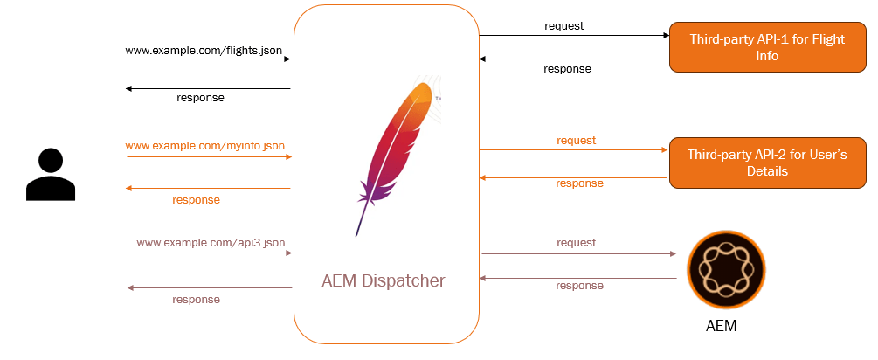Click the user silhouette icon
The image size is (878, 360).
(51, 175)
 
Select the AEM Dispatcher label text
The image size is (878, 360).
(384, 281)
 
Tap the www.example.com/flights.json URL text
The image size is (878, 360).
(204, 51)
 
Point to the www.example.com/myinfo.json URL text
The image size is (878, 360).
(204, 145)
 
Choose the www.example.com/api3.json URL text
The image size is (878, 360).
(211, 242)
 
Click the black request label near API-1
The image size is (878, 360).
(563, 25)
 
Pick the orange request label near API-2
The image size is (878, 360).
(577, 140)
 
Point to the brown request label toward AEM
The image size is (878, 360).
(577, 242)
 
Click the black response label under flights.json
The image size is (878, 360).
(200, 97)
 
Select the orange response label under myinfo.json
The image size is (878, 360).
(196, 199)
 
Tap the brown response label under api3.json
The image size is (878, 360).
(196, 299)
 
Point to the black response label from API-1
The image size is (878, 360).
(567, 68)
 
